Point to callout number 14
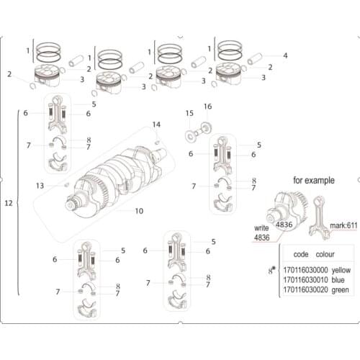[157, 126]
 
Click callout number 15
[189, 113]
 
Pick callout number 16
[207, 107]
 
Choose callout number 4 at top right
[285, 55]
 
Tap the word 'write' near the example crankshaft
[261, 227]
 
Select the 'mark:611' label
[341, 225]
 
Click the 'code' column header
[301, 254]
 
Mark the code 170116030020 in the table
[301, 289]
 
